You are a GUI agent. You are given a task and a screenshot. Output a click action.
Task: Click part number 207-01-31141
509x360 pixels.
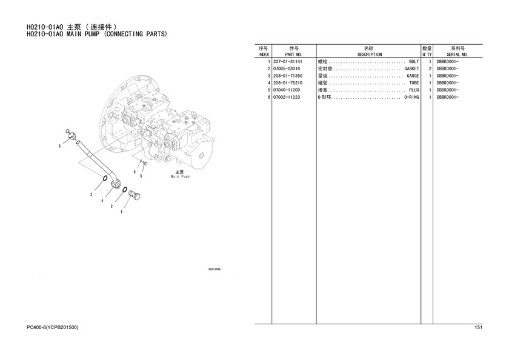(288, 62)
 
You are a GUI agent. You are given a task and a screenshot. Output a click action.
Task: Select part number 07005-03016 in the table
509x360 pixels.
(287, 69)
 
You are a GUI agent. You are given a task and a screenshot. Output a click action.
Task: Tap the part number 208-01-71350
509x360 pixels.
(288, 76)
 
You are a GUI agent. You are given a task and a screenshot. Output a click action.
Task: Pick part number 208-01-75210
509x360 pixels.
(288, 83)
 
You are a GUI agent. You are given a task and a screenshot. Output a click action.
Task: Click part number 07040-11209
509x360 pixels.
(287, 90)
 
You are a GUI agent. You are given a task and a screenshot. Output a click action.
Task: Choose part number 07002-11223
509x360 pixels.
(287, 98)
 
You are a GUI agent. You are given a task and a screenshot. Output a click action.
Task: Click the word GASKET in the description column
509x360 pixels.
(411, 69)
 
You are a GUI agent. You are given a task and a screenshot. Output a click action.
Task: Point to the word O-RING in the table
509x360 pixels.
(411, 98)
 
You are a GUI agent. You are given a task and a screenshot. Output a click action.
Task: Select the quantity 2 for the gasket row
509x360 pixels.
(430, 69)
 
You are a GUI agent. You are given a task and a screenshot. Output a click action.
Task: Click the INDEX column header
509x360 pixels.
(263, 55)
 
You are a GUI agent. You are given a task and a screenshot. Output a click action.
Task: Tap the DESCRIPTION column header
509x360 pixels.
(370, 55)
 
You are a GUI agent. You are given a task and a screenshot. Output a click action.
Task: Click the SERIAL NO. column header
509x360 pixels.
(457, 55)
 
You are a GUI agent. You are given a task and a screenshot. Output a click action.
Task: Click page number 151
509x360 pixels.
(479, 327)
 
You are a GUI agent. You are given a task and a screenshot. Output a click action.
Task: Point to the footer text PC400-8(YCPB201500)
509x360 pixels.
(53, 327)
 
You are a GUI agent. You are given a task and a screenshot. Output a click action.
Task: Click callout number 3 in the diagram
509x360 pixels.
(60, 146)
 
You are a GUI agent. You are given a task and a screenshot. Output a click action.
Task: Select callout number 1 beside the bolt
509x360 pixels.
(121, 212)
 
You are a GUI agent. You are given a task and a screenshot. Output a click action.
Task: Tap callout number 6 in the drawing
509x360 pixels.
(135, 172)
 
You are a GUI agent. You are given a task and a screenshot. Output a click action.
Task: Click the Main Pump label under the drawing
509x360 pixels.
(180, 176)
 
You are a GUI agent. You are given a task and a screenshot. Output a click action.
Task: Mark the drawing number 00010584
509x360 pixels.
(215, 269)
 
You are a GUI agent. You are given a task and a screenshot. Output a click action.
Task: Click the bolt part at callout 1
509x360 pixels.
(135, 195)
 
